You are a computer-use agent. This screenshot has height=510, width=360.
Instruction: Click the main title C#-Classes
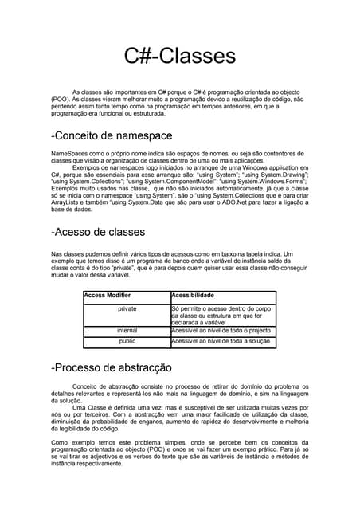coord(180,57)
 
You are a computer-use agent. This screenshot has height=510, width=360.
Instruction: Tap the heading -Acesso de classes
coord(97,232)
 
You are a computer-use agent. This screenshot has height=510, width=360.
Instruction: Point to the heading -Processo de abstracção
coord(111,368)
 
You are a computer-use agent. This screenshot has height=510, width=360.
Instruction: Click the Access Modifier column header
coord(108,295)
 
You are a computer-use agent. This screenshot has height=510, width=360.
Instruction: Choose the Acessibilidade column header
coord(193,295)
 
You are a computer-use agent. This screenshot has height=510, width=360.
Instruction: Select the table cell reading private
coord(127,308)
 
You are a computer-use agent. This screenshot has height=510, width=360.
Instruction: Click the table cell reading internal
coord(127,330)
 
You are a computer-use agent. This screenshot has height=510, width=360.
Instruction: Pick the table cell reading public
coord(127,341)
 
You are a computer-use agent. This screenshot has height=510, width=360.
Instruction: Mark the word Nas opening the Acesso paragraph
coord(56,253)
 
